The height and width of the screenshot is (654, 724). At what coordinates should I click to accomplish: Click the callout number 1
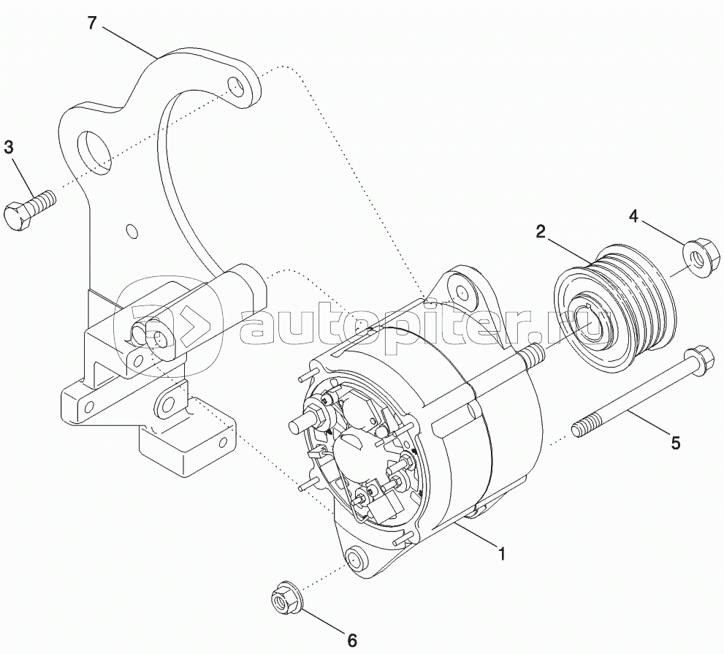[x=501, y=554]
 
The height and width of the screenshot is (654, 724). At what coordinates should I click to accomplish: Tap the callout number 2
[x=540, y=232]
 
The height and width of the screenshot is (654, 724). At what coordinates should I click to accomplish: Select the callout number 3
[x=9, y=147]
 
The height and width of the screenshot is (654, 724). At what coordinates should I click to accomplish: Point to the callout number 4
[x=634, y=216]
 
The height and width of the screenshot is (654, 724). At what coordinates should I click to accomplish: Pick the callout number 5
[x=675, y=442]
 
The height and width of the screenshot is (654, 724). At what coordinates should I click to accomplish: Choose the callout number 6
[x=351, y=640]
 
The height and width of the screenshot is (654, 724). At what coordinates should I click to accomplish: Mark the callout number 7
[x=91, y=23]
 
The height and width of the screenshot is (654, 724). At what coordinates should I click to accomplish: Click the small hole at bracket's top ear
[x=236, y=86]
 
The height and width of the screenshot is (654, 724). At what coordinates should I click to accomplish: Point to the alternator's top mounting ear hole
[x=462, y=292]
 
